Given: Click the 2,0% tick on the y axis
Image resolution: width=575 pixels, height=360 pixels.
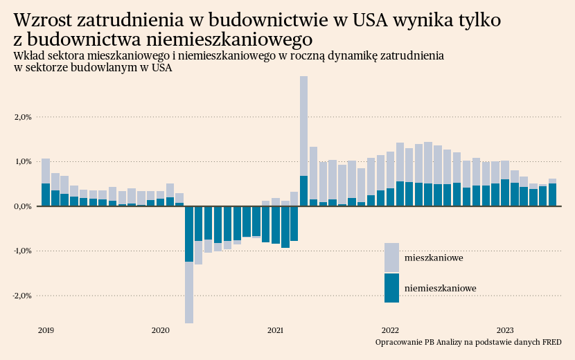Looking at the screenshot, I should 23,117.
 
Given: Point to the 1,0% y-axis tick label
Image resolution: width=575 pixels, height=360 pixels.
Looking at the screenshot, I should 23,161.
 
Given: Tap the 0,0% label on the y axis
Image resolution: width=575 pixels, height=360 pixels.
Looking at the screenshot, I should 23,206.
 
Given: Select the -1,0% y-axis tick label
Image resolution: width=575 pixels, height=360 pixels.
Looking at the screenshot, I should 21,251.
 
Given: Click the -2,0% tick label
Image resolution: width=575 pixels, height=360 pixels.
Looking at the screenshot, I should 21,296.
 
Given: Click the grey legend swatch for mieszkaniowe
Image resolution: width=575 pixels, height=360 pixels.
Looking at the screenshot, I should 391,258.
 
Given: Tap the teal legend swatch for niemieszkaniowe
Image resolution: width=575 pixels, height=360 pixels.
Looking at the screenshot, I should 391,288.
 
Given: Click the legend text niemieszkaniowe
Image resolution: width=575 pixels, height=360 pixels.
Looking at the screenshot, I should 440,288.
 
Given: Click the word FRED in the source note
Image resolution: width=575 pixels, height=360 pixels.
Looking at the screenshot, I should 551,342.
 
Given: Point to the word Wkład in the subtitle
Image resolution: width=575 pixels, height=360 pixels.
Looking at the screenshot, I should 27,55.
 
